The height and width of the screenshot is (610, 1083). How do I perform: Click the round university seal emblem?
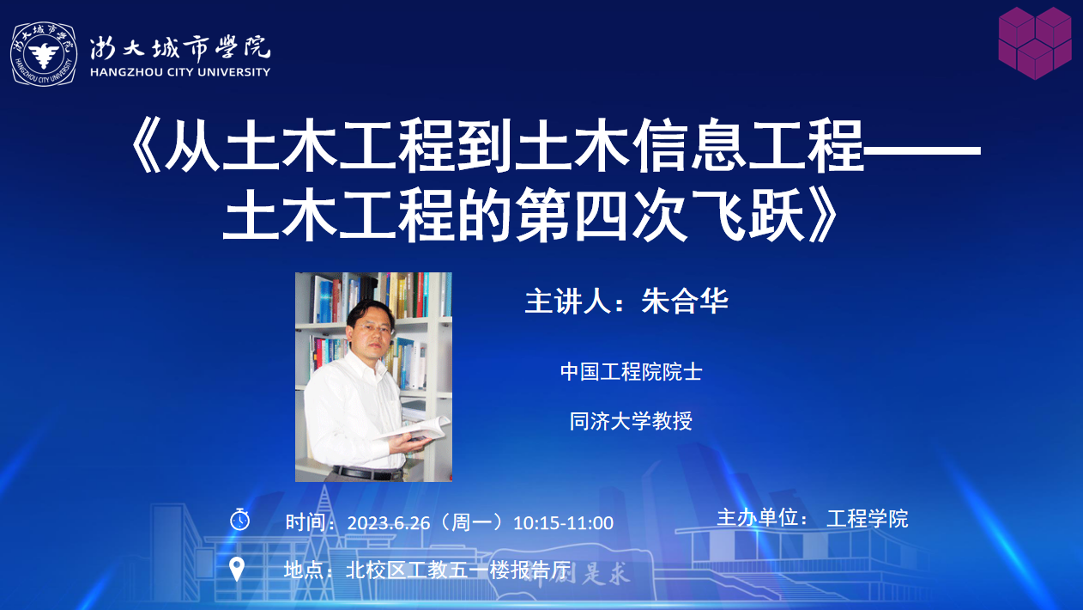[x=44, y=54]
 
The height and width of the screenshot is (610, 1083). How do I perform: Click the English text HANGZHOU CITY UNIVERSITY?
[x=180, y=72]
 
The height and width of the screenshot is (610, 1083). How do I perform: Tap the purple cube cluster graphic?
[x=1035, y=43]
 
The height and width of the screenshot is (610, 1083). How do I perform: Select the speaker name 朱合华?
[x=685, y=301]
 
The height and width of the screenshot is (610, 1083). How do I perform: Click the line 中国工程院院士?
[x=631, y=372]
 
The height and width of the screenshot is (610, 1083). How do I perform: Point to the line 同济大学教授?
[x=631, y=421]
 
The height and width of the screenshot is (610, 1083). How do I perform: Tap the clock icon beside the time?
[x=239, y=520]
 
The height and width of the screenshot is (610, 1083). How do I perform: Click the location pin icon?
[x=236, y=570]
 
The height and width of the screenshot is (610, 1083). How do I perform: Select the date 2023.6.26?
[x=388, y=523]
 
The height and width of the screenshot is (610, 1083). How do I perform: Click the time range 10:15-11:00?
[x=563, y=523]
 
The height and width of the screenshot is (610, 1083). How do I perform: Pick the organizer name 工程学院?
[x=868, y=519]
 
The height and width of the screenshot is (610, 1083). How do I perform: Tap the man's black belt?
[x=368, y=473]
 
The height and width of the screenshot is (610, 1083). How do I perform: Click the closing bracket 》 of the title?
[x=823, y=216]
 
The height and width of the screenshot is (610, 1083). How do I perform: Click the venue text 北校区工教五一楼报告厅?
[x=458, y=570]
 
